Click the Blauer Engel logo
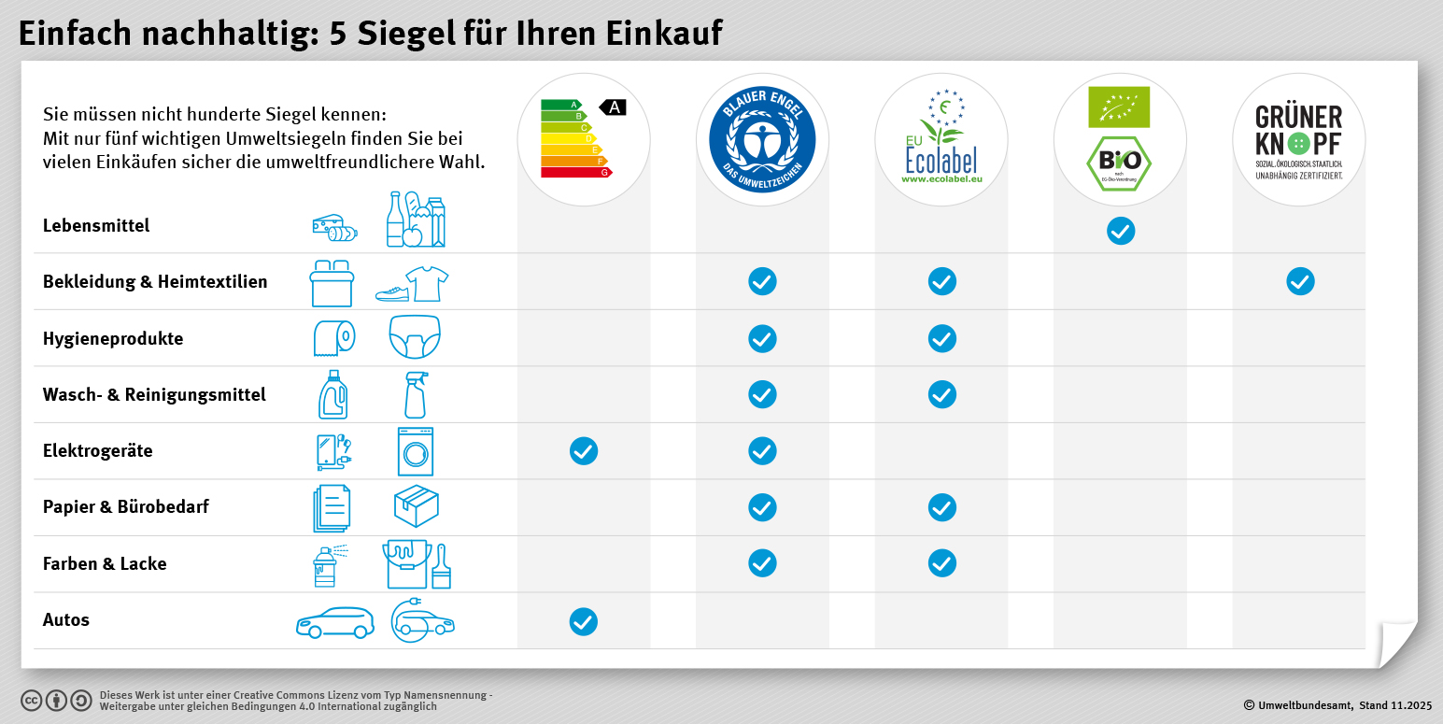(762, 140)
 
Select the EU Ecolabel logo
(941, 140)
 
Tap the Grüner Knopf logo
(1298, 140)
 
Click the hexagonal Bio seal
(1119, 163)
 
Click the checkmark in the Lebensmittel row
(1120, 231)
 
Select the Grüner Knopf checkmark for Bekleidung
(1299, 281)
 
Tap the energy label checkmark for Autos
(583, 621)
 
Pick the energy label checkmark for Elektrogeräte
(583, 451)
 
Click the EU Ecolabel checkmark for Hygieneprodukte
(941, 338)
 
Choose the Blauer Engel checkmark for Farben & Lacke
(762, 563)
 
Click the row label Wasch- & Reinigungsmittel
(154, 395)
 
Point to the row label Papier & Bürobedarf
(126, 507)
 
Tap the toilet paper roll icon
(333, 338)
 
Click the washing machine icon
(415, 452)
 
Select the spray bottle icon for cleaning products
(415, 395)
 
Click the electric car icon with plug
(423, 620)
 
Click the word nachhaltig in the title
(220, 34)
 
